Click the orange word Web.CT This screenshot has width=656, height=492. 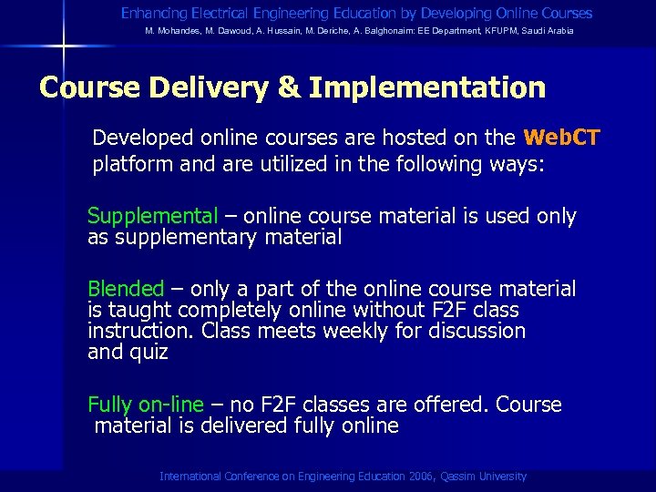[x=561, y=138]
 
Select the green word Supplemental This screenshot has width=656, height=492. [x=152, y=216]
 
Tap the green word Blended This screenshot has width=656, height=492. [x=126, y=289]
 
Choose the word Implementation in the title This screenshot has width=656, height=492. [x=427, y=87]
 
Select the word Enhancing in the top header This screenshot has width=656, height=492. [x=153, y=14]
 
